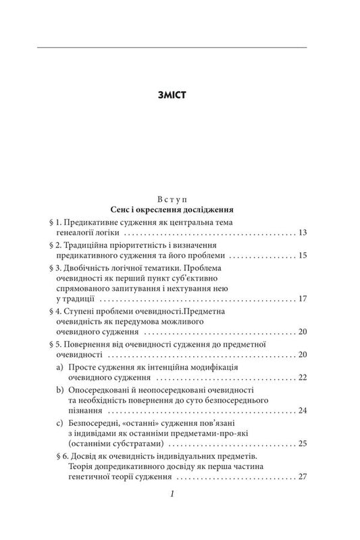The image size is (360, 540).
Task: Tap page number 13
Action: pyautogui.click(x=302, y=233)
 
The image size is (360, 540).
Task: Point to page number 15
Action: pyautogui.click(x=302, y=256)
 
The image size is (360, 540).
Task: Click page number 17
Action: pyautogui.click(x=302, y=299)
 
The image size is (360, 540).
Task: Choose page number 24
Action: pyautogui.click(x=302, y=410)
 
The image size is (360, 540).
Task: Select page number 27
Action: pyautogui.click(x=302, y=477)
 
